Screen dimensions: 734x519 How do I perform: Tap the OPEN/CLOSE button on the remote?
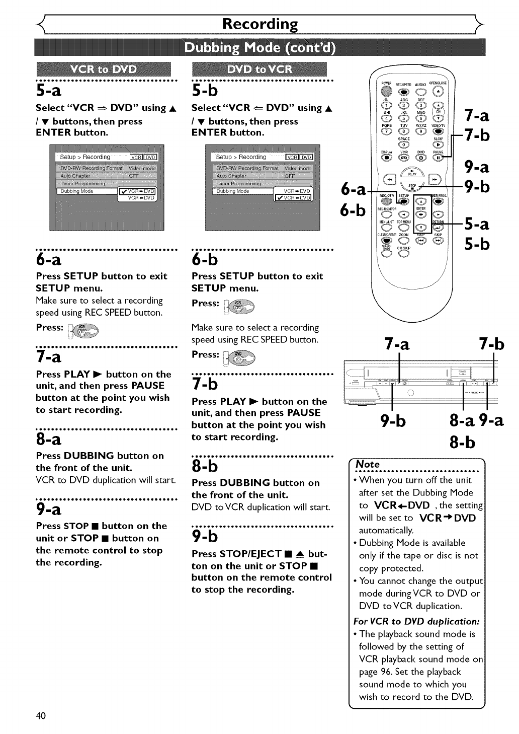tap(438, 91)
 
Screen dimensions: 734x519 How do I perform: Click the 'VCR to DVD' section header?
tap(104, 69)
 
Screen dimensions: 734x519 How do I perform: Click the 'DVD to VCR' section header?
tap(259, 69)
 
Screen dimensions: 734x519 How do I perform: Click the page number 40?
tap(41, 715)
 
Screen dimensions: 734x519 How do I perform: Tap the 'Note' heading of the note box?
tap(368, 464)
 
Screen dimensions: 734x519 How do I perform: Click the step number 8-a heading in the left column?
tap(49, 439)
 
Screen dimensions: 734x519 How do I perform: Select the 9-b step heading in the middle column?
tap(205, 537)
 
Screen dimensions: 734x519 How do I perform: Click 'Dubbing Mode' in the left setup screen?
tap(77, 191)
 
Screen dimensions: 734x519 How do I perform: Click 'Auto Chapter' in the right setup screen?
tap(231, 176)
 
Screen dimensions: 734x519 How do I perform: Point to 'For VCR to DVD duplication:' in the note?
tap(417, 621)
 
